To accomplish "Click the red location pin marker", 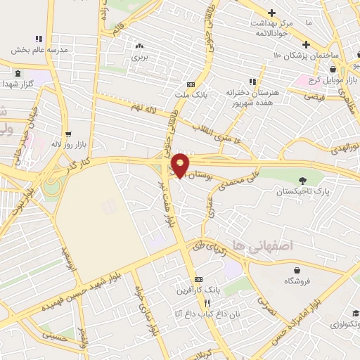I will click(x=181, y=165).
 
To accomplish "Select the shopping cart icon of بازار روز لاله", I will click(x=68, y=133).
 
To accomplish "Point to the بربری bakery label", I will click(x=139, y=58).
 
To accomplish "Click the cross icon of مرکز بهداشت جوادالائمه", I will click(x=271, y=13).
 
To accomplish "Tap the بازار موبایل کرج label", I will click(x=314, y=77).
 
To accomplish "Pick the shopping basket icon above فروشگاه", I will click(x=297, y=269).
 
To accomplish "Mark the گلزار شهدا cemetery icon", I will click(x=17, y=73).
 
